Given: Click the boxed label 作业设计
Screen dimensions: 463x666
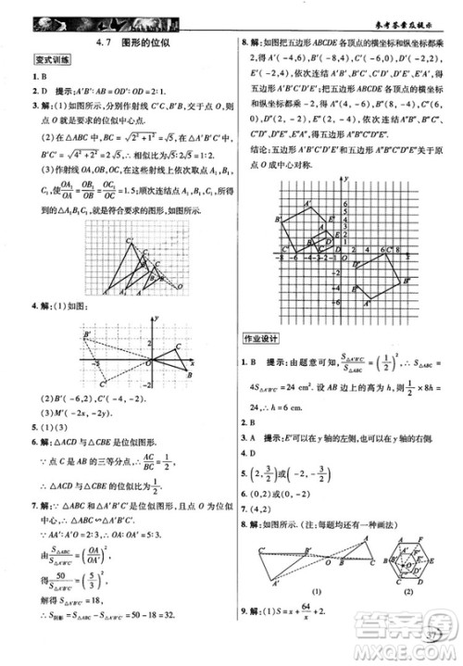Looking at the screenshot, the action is tap(262, 338).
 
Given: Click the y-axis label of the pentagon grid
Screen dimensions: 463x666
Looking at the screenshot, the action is tap(343, 177).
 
